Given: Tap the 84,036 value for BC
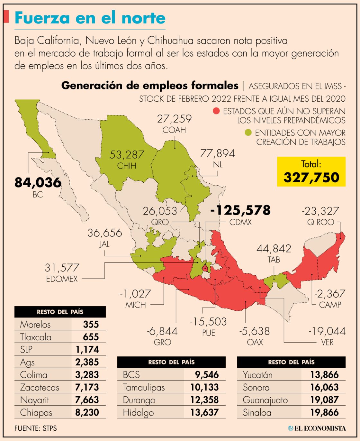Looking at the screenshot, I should (38, 182).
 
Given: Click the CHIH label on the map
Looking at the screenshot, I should (127, 166).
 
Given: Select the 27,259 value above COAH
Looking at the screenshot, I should (174, 119).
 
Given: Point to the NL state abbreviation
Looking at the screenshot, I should (218, 165).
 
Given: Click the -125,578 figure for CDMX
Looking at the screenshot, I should (240, 210).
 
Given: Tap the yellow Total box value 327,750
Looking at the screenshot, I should (311, 177).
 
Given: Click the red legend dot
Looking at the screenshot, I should (216, 111).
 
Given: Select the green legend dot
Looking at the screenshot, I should (248, 132).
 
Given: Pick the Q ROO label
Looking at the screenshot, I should (320, 222).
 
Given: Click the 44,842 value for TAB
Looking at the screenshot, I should (274, 249).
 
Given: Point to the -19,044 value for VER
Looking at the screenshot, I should (327, 331).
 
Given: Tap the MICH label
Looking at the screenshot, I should (136, 305).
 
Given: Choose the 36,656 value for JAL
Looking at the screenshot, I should (105, 233).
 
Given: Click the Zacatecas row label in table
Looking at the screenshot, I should (40, 387).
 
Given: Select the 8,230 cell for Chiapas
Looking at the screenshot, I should (87, 412).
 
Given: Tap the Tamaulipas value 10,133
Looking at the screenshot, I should (204, 387).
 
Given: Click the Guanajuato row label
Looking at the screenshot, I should (265, 400).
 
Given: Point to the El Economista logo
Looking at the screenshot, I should (317, 428).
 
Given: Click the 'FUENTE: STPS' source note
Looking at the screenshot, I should (35, 428).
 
